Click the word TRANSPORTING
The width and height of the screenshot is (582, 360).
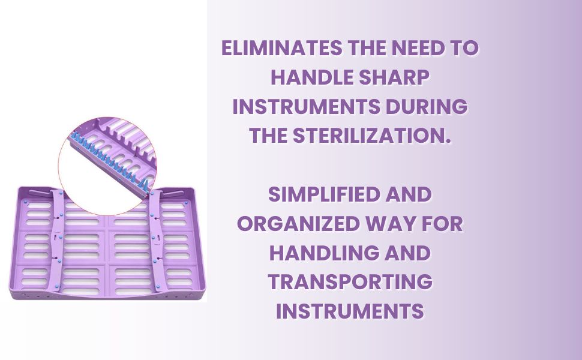click(350, 282)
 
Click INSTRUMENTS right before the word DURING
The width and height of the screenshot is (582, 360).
click(306, 107)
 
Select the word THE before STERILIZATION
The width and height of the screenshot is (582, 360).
click(269, 136)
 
